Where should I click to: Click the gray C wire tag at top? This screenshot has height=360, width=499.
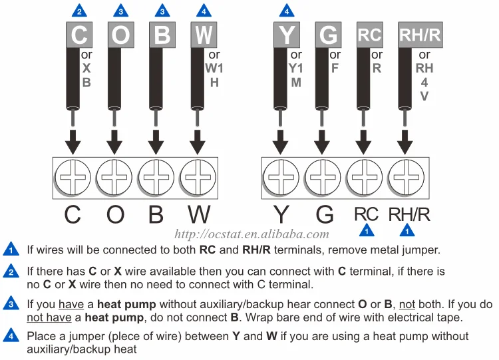(x=79, y=35)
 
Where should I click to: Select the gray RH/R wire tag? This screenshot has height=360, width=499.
(x=420, y=35)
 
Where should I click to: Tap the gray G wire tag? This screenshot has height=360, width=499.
(x=328, y=35)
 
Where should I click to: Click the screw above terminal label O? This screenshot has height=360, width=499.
(x=114, y=177)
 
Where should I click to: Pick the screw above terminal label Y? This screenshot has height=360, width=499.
(x=281, y=177)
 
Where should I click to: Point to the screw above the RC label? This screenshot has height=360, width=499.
(x=365, y=177)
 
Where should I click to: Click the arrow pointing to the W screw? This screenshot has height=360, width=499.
(x=198, y=142)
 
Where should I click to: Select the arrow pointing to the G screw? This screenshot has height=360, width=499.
(x=322, y=142)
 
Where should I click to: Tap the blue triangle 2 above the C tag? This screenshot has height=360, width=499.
(x=79, y=11)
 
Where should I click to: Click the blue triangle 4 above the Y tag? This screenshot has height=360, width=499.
(x=287, y=11)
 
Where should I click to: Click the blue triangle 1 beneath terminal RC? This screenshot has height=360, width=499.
(x=367, y=230)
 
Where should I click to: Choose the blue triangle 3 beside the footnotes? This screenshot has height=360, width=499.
(x=11, y=303)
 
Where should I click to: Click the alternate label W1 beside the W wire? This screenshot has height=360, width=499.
(x=214, y=68)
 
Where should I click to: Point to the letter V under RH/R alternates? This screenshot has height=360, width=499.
(x=424, y=96)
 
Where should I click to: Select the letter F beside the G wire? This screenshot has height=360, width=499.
(x=335, y=68)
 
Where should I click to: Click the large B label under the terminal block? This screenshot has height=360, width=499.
(x=156, y=214)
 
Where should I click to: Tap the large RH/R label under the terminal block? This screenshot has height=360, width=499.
(x=409, y=214)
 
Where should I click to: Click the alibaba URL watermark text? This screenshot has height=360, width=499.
(x=251, y=234)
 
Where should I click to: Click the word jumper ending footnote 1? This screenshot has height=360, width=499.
(x=421, y=250)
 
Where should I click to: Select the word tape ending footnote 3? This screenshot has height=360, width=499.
(x=449, y=317)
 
